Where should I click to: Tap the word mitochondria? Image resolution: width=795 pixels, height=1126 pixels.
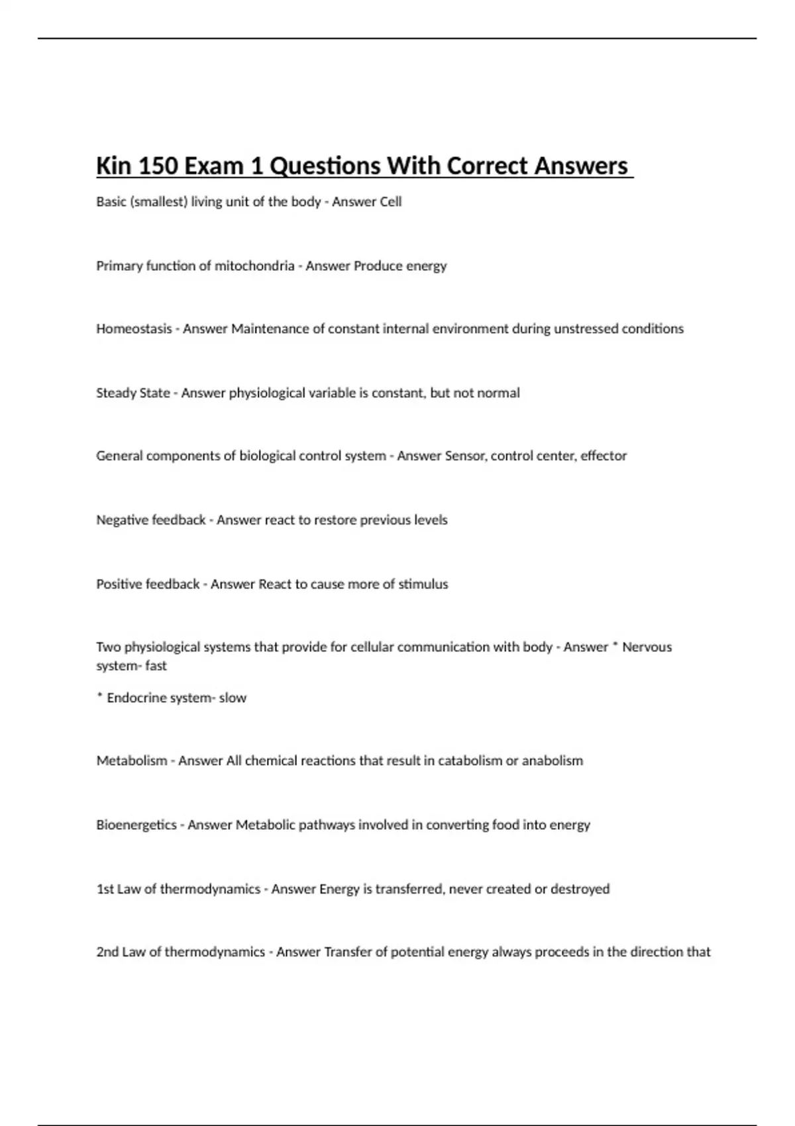(254, 266)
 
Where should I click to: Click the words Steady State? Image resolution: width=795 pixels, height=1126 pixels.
(133, 393)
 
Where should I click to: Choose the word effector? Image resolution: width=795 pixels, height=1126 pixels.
(604, 456)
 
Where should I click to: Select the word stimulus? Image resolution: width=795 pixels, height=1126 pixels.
(423, 584)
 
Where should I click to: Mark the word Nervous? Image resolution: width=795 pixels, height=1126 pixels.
(647, 647)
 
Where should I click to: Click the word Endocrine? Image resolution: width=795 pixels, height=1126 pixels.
(134, 697)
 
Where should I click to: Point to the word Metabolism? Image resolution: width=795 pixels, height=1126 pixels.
(132, 760)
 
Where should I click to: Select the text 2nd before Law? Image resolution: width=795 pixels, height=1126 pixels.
(107, 952)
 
